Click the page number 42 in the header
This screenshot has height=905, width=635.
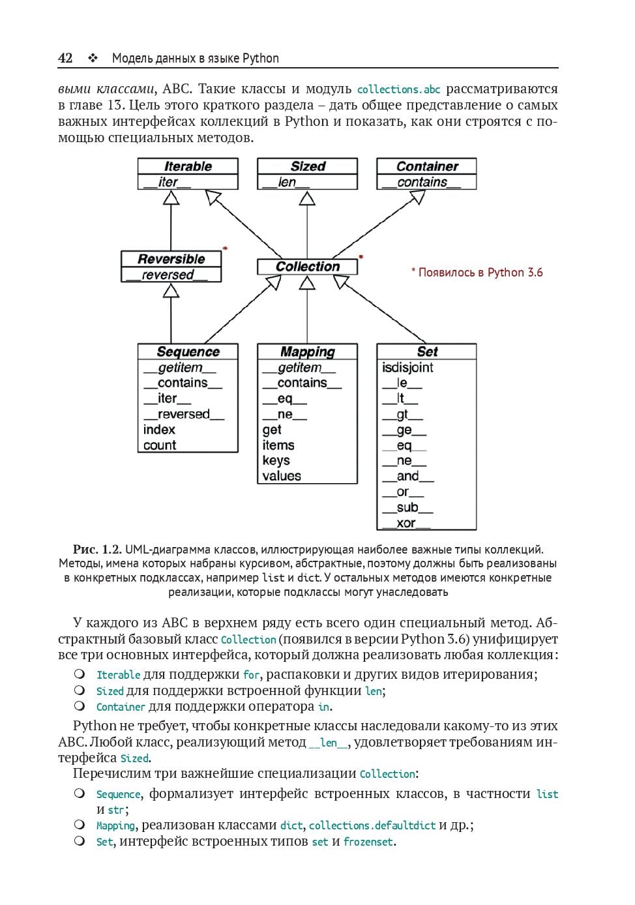pyautogui.click(x=65, y=58)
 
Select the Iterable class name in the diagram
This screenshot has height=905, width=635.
pyautogui.click(x=188, y=166)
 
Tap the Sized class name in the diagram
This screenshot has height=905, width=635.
pyautogui.click(x=308, y=166)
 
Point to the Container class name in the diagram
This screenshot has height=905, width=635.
pyautogui.click(x=427, y=166)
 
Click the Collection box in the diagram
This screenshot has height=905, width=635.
pyautogui.click(x=308, y=267)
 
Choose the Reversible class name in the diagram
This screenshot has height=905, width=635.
pyautogui.click(x=171, y=259)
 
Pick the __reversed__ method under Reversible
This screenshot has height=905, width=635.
pyautogui.click(x=168, y=275)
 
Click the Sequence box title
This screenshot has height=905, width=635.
pyautogui.click(x=188, y=352)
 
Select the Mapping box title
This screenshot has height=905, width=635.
pyautogui.click(x=308, y=352)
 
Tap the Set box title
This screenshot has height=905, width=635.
pyautogui.click(x=427, y=351)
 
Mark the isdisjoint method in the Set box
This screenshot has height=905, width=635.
pyautogui.click(x=407, y=368)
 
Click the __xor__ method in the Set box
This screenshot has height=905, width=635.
pyautogui.click(x=406, y=523)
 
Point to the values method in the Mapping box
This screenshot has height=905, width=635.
pyautogui.click(x=282, y=476)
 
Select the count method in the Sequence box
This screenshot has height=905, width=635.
pyautogui.click(x=160, y=445)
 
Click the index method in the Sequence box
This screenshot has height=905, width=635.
pyautogui.click(x=159, y=430)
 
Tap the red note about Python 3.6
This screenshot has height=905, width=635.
pyautogui.click(x=477, y=273)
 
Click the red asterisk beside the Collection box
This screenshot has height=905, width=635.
pyautogui.click(x=361, y=258)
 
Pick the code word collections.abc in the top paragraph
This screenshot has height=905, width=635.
pyautogui.click(x=398, y=89)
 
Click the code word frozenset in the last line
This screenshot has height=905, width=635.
pyautogui.click(x=368, y=842)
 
